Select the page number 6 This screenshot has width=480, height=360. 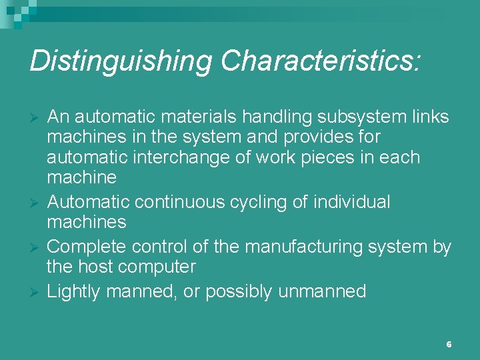coord(449,344)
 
